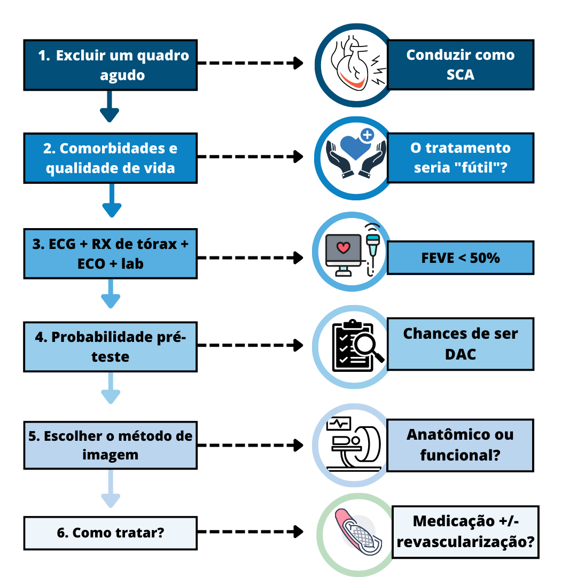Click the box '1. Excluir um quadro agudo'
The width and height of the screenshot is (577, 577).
pos(110,65)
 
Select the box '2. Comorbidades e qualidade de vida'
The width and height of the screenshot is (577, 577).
pos(110,158)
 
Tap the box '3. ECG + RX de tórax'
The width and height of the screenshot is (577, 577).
pos(110,253)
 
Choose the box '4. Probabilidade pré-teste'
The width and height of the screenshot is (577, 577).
pos(110,347)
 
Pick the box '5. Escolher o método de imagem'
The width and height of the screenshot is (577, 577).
pos(110,445)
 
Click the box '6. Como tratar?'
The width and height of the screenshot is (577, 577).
pos(110,532)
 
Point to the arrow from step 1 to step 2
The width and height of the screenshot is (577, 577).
pos(110,106)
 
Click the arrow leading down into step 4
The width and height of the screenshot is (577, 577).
pos(111,293)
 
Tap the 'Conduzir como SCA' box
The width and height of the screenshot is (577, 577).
pos(460,64)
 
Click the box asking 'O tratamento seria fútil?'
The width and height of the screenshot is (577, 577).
pos(460,158)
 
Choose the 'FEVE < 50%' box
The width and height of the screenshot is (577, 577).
pos(460,258)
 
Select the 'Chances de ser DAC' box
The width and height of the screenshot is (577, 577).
pos(460,344)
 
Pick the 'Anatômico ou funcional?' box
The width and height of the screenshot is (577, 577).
pos(460,445)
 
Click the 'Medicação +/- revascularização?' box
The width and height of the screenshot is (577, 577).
pos(465,532)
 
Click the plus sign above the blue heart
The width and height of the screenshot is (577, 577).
pos(367,135)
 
